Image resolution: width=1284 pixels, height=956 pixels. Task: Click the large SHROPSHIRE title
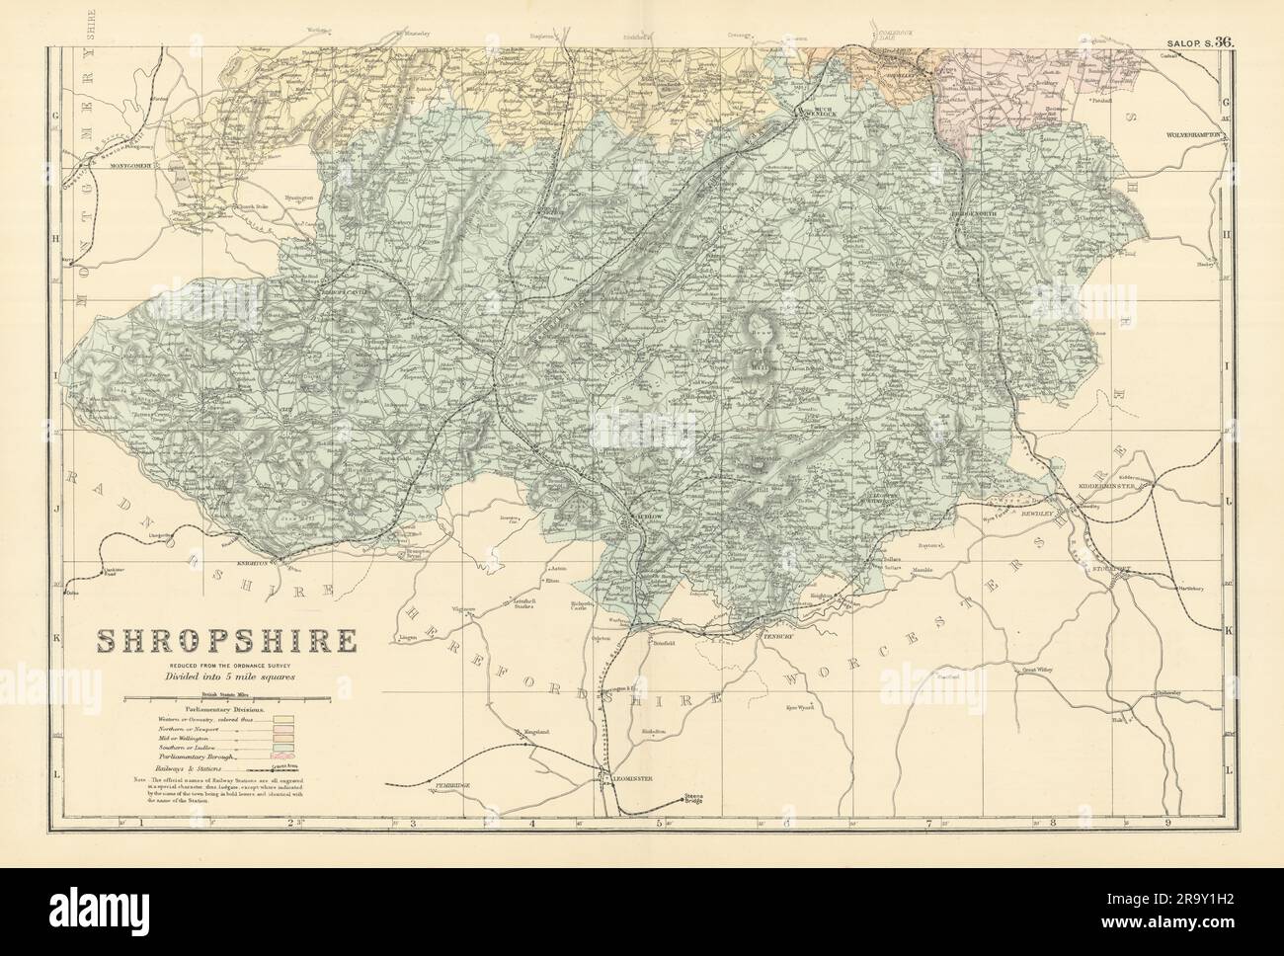[224, 644]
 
